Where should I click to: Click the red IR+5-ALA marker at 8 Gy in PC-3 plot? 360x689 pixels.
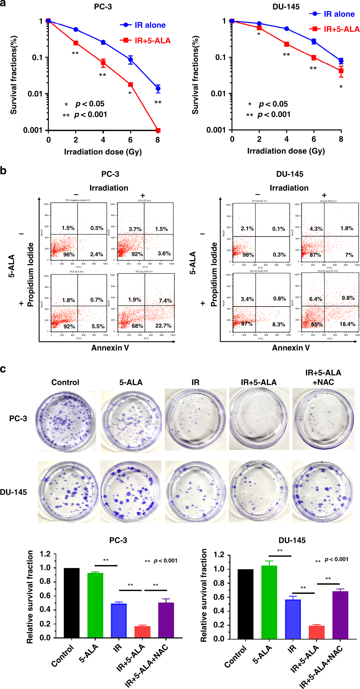point(158,130)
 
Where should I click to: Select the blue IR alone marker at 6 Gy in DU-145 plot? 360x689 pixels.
point(314,41)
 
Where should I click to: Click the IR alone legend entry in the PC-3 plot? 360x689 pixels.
point(143,25)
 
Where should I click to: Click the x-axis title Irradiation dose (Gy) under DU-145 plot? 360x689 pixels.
point(286,151)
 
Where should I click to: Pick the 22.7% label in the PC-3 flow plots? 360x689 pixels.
point(163,326)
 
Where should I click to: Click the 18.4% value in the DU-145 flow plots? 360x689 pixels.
point(347,324)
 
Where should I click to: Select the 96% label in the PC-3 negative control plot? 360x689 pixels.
point(69,254)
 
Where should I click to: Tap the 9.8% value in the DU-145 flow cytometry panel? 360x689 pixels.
point(348,298)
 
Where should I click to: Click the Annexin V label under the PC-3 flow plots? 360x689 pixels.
point(110,348)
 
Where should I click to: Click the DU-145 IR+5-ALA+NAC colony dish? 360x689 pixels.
point(323,492)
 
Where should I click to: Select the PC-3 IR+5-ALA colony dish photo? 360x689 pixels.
point(259,419)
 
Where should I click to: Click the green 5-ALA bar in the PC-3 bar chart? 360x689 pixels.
point(95,605)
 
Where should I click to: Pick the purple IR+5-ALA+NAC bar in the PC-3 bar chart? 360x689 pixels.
point(166,620)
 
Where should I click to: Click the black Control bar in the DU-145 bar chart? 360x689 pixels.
point(245,604)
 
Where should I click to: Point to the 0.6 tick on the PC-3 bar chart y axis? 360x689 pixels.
point(45,596)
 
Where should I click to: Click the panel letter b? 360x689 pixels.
point(3,171)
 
